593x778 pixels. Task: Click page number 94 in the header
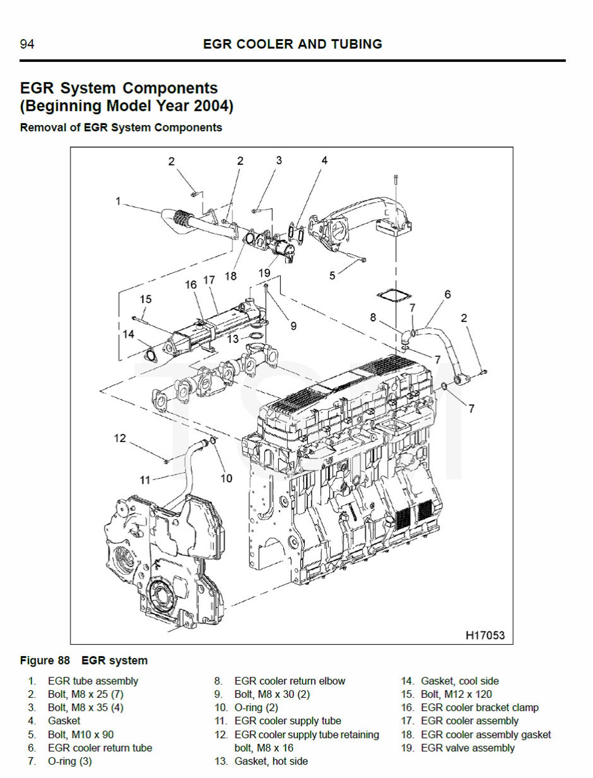point(27,44)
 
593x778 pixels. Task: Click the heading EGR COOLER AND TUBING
point(292,44)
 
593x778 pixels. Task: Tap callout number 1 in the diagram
point(119,201)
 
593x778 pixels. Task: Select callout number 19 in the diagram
point(264,273)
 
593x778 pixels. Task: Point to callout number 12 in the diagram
point(120,438)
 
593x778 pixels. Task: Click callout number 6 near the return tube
point(447,295)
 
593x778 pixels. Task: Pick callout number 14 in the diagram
point(128,334)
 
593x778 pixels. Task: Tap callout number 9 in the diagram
point(293,326)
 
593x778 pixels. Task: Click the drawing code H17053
point(485,635)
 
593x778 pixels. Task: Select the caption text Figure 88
point(45,661)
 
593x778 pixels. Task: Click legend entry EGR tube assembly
point(93,681)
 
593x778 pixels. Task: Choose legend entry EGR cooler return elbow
point(290,681)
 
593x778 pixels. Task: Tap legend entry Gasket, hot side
point(271,761)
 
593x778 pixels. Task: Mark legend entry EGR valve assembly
point(468,748)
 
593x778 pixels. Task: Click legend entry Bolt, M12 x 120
point(456,694)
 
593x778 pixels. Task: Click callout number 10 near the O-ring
point(226,478)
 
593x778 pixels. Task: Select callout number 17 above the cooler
point(209,280)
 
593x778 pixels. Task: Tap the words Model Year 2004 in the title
point(170,106)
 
